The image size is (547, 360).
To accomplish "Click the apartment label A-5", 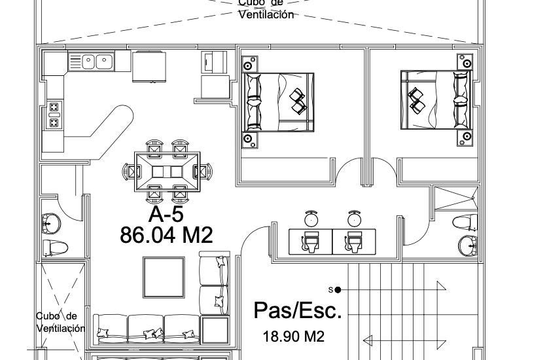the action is pyautogui.click(x=166, y=214).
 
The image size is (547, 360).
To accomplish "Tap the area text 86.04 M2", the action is pyautogui.click(x=166, y=235).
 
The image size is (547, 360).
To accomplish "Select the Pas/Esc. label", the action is pyautogui.click(x=298, y=310).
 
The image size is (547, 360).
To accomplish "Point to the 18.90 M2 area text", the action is pyautogui.click(x=293, y=336).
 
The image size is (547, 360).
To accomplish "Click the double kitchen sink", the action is pyautogui.click(x=91, y=62).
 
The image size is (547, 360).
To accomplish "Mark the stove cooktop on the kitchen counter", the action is pyautogui.click(x=54, y=115).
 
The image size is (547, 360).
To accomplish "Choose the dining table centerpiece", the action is pyautogui.click(x=168, y=171).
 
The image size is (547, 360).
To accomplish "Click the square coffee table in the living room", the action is pyautogui.click(x=164, y=278).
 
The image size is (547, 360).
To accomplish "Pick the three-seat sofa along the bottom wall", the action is pyautogui.click(x=147, y=329).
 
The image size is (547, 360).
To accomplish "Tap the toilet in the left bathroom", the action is pyautogui.click(x=55, y=247).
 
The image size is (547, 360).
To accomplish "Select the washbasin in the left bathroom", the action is pyautogui.click(x=51, y=224).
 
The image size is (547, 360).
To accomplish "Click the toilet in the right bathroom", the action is pyautogui.click(x=465, y=222).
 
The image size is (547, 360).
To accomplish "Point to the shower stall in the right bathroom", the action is pyautogui.click(x=456, y=199).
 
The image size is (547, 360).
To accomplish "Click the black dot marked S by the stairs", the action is pyautogui.click(x=338, y=289).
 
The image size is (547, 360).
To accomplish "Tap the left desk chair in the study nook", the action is pyautogui.click(x=311, y=219).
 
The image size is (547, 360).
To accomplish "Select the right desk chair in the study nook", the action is pyautogui.click(x=354, y=219).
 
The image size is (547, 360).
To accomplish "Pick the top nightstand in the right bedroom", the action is pyautogui.click(x=465, y=62).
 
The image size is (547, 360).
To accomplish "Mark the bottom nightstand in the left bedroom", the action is pyautogui.click(x=250, y=140).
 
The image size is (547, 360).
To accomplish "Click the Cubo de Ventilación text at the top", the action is pyautogui.click(x=266, y=9).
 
